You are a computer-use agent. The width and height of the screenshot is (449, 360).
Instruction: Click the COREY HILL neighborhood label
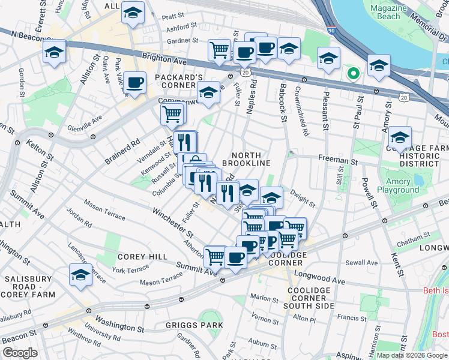(x=142, y=256)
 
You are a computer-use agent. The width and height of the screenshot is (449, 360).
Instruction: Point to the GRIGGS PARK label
(x=195, y=325)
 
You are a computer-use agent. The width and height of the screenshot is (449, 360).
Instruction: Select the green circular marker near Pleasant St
(x=354, y=74)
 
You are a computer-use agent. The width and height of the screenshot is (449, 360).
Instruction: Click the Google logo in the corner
(x=20, y=353)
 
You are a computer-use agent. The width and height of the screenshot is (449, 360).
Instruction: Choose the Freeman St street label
(x=341, y=161)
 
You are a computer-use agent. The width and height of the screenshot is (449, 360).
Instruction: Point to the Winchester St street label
(x=172, y=221)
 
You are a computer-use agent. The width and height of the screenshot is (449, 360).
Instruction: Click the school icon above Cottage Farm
(x=400, y=136)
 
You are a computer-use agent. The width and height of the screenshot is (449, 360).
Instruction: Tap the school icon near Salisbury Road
(x=80, y=274)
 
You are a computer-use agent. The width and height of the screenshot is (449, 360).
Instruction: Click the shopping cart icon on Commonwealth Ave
(x=172, y=112)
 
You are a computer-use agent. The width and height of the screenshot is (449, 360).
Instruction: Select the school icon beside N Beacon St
(x=54, y=53)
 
